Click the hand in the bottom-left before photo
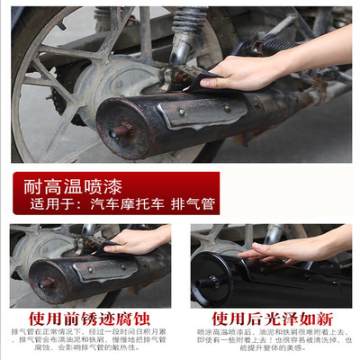135,240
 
